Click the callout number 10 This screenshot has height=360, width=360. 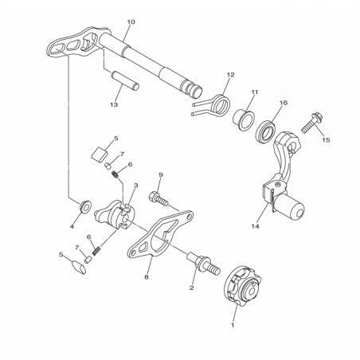131,22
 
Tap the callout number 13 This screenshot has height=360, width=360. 114,105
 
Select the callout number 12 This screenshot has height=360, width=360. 230,75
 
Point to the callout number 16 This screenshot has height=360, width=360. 284,103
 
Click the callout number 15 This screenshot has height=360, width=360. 326,139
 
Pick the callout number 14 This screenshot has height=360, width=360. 256,226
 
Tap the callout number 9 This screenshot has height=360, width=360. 161,174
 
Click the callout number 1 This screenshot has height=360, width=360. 233,325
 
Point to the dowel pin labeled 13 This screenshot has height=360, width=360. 125,80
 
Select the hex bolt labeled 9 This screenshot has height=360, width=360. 159,199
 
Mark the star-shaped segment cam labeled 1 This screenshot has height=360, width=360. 243,287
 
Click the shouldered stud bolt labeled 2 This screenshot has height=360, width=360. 204,264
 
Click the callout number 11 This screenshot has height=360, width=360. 255,92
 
